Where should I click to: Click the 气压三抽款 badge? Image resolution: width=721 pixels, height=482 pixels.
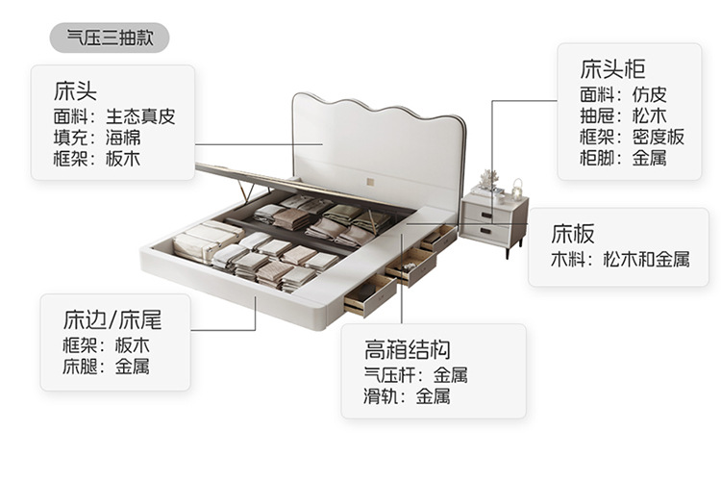click(x=110, y=38)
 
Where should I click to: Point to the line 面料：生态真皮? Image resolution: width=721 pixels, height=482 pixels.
click(x=114, y=115)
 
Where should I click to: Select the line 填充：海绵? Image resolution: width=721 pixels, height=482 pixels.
click(x=97, y=137)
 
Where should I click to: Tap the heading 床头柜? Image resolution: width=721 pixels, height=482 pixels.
click(x=612, y=69)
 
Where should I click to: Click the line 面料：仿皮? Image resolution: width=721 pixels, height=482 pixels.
click(x=623, y=94)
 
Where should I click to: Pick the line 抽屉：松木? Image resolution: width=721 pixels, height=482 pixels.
click(x=623, y=115)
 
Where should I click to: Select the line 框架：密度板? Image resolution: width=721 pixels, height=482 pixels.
click(x=633, y=137)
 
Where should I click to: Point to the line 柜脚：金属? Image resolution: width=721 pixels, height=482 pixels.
click(x=623, y=158)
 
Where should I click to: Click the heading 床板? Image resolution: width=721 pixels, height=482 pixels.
click(x=573, y=234)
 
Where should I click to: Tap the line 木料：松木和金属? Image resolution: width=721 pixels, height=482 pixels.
click(x=619, y=259)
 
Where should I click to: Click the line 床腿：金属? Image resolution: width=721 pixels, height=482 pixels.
click(x=106, y=367)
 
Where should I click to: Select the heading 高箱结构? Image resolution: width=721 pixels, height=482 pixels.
click(x=408, y=348)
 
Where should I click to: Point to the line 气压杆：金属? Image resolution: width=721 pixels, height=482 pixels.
click(x=415, y=374)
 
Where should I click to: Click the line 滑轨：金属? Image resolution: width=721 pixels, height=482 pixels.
click(x=407, y=395)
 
